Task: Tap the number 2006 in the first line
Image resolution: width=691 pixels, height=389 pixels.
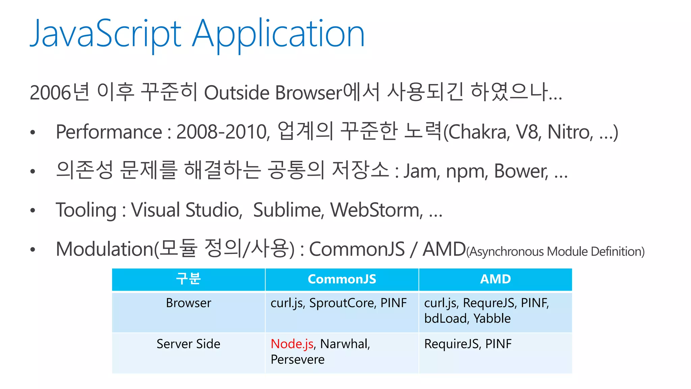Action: click(x=51, y=93)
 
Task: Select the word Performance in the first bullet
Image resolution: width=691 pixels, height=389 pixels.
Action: click(x=109, y=132)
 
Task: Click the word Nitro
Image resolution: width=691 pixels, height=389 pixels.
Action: click(x=570, y=132)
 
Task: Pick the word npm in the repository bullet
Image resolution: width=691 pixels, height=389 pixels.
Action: click(x=466, y=172)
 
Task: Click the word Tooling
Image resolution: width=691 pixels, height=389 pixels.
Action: click(x=86, y=210)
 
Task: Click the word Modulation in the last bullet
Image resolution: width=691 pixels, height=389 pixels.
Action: click(x=105, y=249)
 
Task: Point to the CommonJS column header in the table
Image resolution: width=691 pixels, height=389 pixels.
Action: click(x=342, y=279)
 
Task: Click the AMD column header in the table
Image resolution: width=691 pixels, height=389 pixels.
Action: click(x=495, y=279)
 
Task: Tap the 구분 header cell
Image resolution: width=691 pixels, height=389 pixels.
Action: click(x=188, y=279)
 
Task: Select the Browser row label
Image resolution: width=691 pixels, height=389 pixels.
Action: click(x=188, y=303)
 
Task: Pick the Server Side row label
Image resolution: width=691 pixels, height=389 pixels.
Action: click(x=188, y=344)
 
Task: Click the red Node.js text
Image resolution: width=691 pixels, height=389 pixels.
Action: click(x=292, y=344)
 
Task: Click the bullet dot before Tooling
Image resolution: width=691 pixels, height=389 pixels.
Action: click(x=33, y=211)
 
